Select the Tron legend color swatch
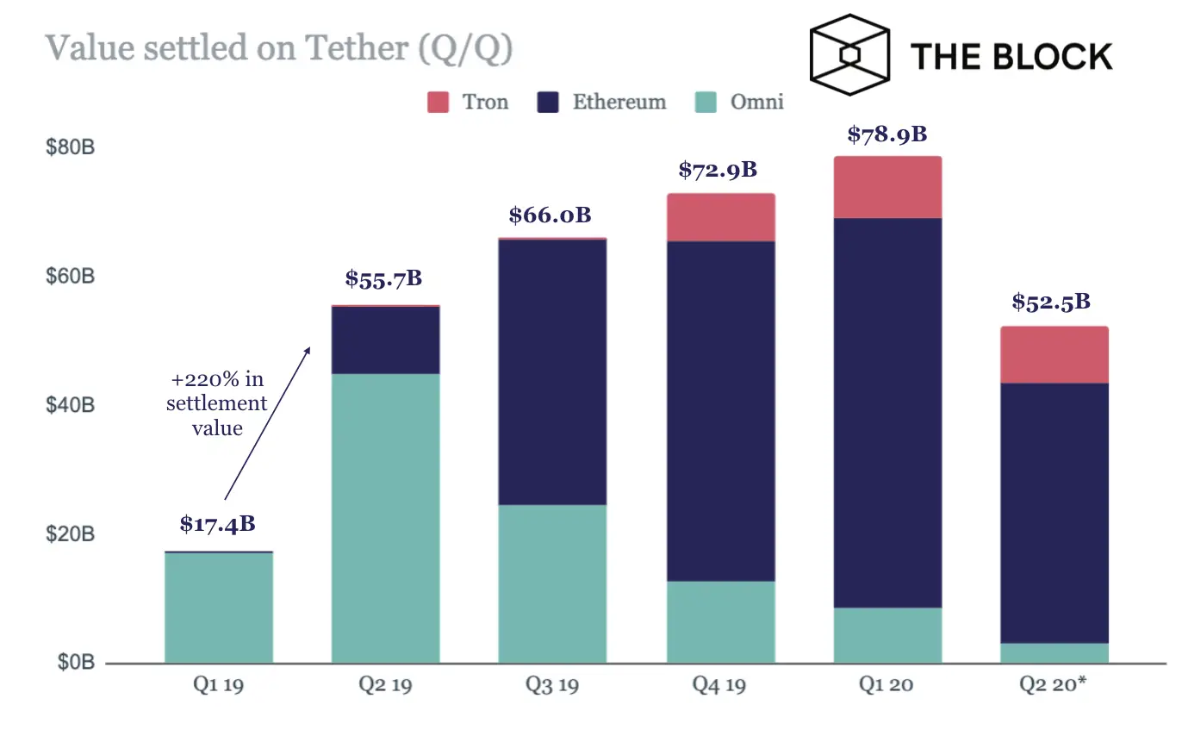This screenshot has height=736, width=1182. [439, 103]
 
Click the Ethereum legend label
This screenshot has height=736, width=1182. [619, 103]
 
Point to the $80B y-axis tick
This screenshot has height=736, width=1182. [70, 147]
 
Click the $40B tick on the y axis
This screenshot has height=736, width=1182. [70, 405]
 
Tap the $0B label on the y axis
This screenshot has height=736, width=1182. [75, 662]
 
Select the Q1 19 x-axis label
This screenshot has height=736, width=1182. [218, 686]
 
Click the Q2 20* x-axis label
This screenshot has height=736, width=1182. [1054, 686]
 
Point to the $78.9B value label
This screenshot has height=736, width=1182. [886, 134]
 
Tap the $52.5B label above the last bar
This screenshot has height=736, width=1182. [1051, 303]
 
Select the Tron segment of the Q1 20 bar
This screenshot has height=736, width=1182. [886, 187]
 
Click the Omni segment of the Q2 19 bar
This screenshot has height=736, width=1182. [385, 517]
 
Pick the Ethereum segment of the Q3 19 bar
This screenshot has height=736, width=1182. [552, 371]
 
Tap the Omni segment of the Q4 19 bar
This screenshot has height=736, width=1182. [720, 621]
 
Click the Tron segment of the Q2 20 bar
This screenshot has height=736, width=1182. [1054, 354]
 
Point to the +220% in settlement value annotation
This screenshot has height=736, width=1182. [216, 403]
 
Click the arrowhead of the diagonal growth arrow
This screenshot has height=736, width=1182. [308, 349]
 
